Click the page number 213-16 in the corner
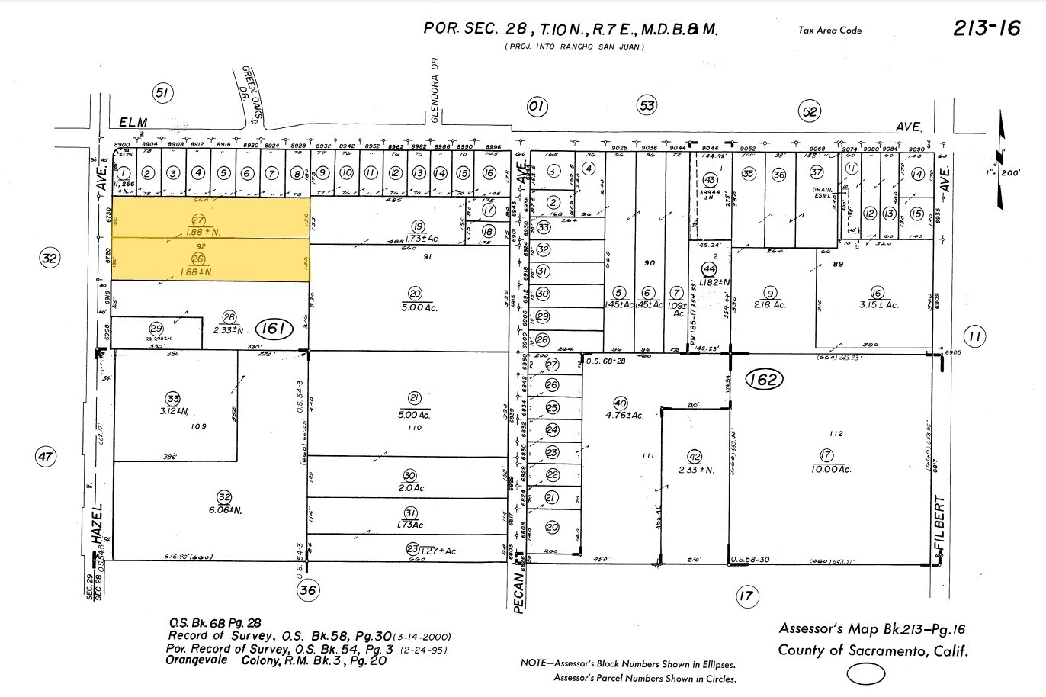click(x=986, y=28)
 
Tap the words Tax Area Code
click(x=829, y=31)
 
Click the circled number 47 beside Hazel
click(x=46, y=458)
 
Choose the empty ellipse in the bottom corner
click(x=866, y=674)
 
